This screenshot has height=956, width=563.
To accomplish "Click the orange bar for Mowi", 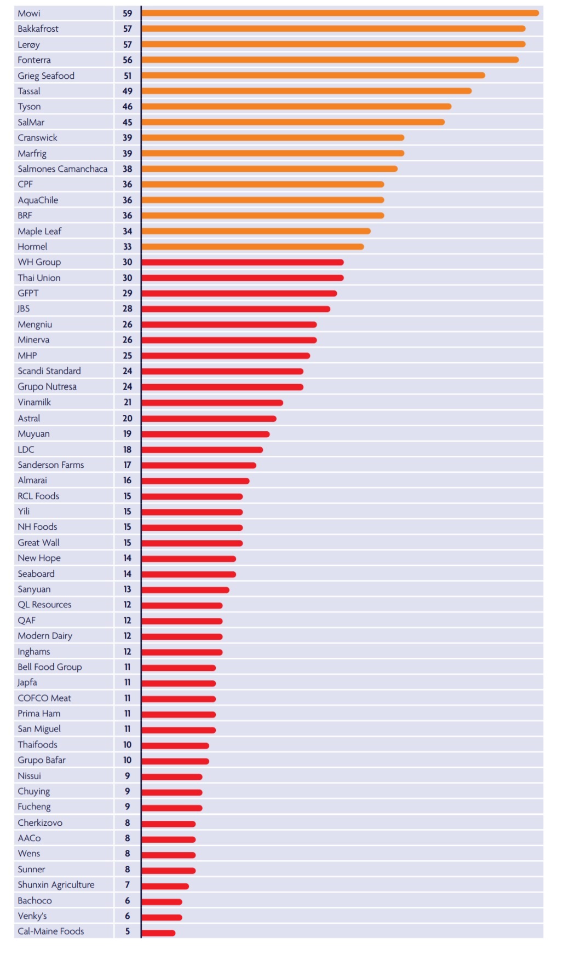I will click(340, 13).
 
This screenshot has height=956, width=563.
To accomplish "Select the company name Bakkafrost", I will click(38, 29).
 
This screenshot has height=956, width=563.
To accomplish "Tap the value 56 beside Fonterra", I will click(128, 60).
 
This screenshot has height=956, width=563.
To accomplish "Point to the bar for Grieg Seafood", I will click(313, 76).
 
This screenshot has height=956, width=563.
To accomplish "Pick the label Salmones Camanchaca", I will click(62, 169).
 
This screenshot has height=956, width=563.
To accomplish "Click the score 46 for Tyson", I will click(128, 107).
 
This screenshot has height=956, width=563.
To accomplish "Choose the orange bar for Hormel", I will click(252, 247).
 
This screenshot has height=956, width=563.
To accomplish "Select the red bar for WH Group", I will click(242, 263).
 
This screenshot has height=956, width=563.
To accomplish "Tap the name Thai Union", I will click(39, 278).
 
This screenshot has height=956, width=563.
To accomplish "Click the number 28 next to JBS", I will click(128, 309).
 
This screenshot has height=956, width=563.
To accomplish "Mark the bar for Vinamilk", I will click(212, 403).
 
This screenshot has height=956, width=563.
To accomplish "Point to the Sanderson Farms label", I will click(51, 465).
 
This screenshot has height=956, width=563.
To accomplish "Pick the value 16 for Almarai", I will click(128, 480).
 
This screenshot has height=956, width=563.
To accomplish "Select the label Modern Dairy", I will click(45, 636).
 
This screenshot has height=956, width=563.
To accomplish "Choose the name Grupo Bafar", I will click(42, 760).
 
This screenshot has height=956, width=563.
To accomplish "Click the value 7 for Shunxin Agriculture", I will click(128, 885).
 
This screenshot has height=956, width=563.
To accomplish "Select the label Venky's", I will click(32, 916).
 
